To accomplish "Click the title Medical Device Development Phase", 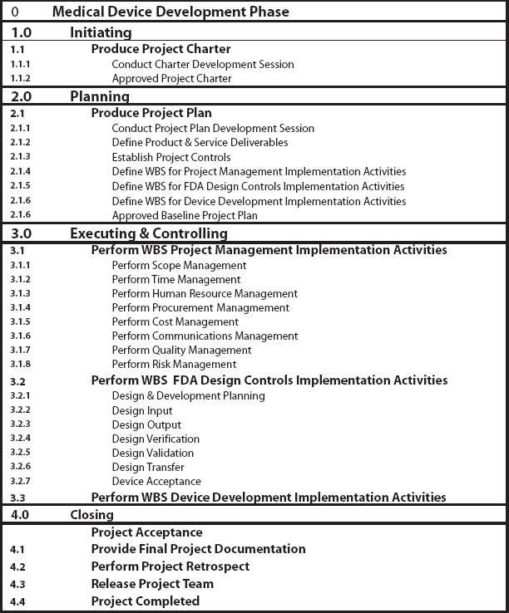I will tap(170, 12).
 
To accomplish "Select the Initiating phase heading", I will tap(101, 32).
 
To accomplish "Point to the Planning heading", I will tap(100, 96).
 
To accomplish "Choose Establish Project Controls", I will tap(170, 157).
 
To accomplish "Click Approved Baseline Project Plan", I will tap(185, 215).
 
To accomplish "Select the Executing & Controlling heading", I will tap(148, 233).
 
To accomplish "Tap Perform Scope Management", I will tap(179, 265).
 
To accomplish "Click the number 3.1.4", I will tap(21, 307).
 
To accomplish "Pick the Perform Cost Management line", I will tap(175, 321).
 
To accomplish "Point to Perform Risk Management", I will tap(174, 364).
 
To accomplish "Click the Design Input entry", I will tap(142, 410).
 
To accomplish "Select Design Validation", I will tap(152, 453).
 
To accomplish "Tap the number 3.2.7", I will tap(21, 481).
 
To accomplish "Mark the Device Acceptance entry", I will tap(156, 481).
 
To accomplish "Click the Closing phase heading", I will tap(91, 515).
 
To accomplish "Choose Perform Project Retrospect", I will tap(170, 566).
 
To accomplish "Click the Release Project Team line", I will tap(152, 584).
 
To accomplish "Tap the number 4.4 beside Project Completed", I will tap(17, 601).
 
